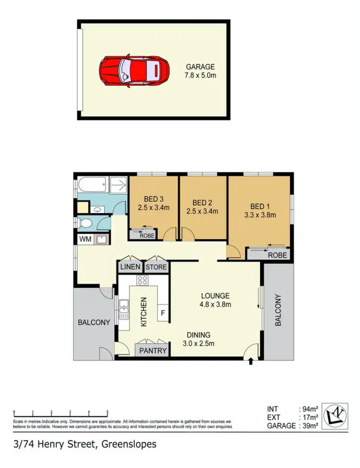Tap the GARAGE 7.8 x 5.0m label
pos(200,71)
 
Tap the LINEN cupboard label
pos(130,267)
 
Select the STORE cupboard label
pos(156,267)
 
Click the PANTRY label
pos(153,351)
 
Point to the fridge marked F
pos(163,314)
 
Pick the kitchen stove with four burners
pos(143,281)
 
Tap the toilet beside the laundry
pos(85,223)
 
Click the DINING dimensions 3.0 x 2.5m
pos(199,343)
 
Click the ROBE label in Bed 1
pos(277,256)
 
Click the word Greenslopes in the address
pos(130,444)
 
